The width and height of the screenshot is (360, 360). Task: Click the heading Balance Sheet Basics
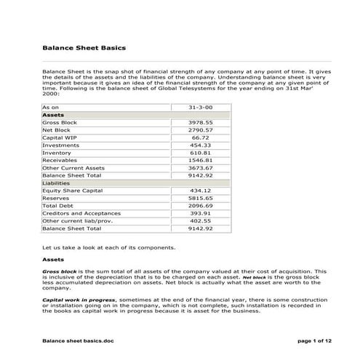click(84, 48)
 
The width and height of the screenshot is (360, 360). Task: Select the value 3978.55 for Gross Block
click(200, 122)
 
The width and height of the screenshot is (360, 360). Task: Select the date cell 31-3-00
click(200, 107)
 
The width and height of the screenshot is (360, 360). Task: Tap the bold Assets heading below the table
click(53, 259)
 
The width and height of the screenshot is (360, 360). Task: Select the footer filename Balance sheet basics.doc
click(78, 340)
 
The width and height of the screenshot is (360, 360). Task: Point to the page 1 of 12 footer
click(297, 340)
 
